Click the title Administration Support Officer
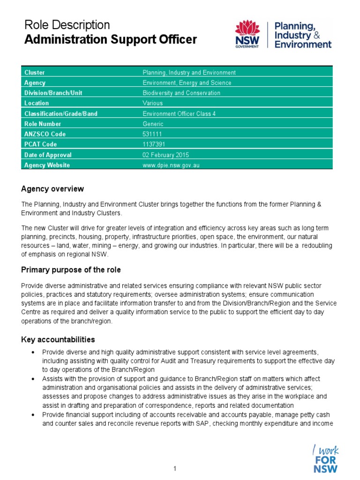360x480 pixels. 110,40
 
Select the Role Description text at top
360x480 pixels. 67,25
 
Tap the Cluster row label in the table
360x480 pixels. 35,73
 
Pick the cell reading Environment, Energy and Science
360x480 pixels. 187,83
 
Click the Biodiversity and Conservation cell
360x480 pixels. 181,93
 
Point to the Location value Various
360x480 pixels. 152,103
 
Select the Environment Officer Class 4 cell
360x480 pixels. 179,113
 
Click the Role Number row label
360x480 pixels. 43,124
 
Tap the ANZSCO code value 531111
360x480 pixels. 151,134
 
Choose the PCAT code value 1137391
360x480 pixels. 153,144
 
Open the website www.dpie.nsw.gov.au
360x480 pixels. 167,165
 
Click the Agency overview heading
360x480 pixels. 52,189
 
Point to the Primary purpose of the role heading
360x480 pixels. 71,270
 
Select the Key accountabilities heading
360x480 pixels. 58,339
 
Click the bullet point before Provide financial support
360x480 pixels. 32,415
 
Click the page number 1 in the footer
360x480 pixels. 174,468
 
